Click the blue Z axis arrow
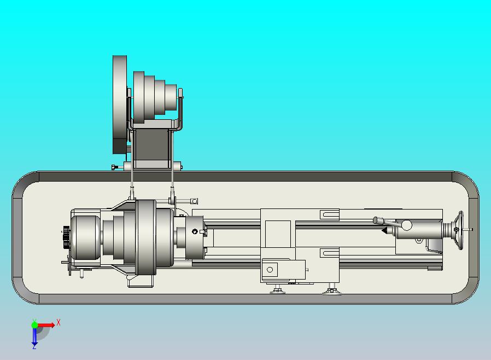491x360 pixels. coord(34,336)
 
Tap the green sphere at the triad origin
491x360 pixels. coord(34,325)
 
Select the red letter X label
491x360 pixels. coord(59,322)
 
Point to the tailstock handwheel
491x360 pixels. coord(460,230)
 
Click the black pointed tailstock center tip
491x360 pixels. coord(384,230)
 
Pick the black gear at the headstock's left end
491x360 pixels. coord(66,237)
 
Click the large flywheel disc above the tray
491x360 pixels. coord(120,104)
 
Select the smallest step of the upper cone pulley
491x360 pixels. coord(171,97)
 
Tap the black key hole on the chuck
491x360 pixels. coord(195,231)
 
